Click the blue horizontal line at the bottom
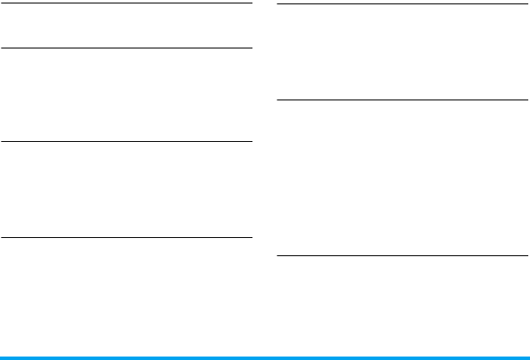(265, 357)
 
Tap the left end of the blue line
(2, 357)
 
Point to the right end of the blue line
(527, 357)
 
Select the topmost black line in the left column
(125, 3)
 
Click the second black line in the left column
(125, 48)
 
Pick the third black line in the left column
(125, 142)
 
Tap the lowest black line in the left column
(125, 236)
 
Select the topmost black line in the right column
(400, 5)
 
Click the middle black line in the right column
(400, 100)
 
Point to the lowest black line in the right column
(400, 255)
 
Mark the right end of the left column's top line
(251, 3)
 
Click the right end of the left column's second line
(251, 48)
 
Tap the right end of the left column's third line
(251, 142)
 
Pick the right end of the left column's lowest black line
(251, 236)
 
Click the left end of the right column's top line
(276, 5)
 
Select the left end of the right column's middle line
(276, 100)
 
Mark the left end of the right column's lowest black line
(276, 255)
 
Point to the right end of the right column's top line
(526, 5)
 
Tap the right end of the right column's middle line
(526, 100)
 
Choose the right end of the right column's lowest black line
(526, 255)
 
